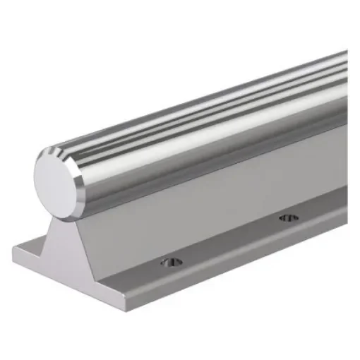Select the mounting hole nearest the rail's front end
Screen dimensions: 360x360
pos(171,263)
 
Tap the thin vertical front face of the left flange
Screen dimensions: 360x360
pos(42,262)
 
